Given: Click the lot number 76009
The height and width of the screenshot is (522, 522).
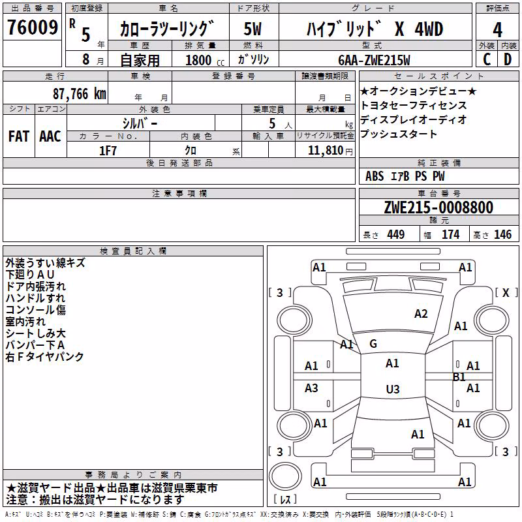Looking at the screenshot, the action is click(x=33, y=27).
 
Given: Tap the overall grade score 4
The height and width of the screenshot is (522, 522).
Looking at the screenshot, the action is click(x=497, y=29).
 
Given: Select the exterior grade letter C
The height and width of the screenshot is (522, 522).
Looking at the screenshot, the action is click(x=487, y=59).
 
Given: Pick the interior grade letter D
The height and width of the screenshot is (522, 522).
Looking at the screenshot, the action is click(x=508, y=59).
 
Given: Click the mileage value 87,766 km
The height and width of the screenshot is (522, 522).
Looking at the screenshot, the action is click(x=80, y=94).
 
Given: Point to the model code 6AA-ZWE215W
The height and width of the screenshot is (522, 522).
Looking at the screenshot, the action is click(x=374, y=60).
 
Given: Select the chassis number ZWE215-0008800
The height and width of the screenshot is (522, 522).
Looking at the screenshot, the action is click(x=438, y=207).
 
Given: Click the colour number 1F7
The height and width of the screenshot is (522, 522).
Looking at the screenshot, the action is click(x=108, y=151).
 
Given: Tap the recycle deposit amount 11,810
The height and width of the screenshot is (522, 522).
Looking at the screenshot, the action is click(x=325, y=151).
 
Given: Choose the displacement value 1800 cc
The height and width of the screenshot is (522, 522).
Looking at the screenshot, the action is click(x=205, y=60).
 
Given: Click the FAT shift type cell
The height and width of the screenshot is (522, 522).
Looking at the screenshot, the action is click(x=19, y=136).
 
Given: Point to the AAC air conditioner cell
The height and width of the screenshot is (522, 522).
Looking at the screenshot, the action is click(x=50, y=136).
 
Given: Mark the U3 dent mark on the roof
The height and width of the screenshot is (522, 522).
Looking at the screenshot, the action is click(x=393, y=389).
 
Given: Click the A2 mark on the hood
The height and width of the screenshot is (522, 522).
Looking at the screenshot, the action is click(x=421, y=314).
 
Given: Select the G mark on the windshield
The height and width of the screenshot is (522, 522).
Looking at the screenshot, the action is click(x=373, y=344).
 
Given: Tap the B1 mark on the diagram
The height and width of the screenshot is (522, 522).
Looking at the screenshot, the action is click(x=459, y=377).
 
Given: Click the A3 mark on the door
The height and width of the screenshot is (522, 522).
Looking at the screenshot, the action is click(x=311, y=388).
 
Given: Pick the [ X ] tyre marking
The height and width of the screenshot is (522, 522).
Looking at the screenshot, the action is click(x=506, y=292).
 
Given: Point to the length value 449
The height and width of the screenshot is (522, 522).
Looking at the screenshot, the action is click(x=396, y=235).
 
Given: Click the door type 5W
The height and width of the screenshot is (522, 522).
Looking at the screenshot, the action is click(x=253, y=29).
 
